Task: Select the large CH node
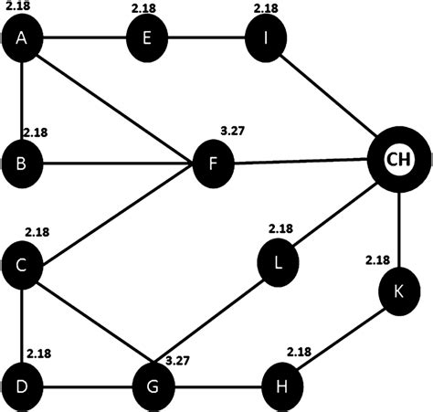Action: coord(398,160)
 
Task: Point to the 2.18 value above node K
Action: coord(377,260)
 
